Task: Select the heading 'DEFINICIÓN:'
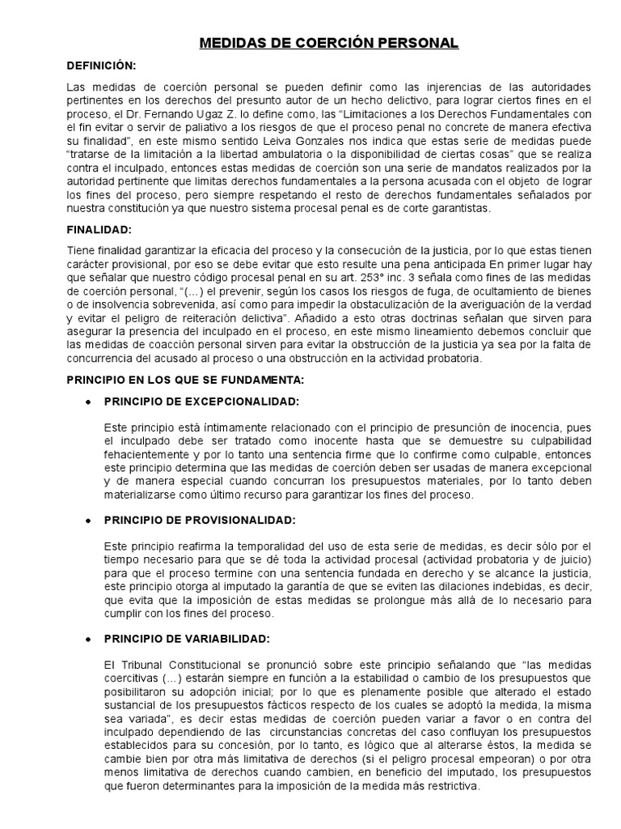[101, 66]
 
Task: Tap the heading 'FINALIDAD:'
[99, 230]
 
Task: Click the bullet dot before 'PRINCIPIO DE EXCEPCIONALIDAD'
[87, 402]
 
